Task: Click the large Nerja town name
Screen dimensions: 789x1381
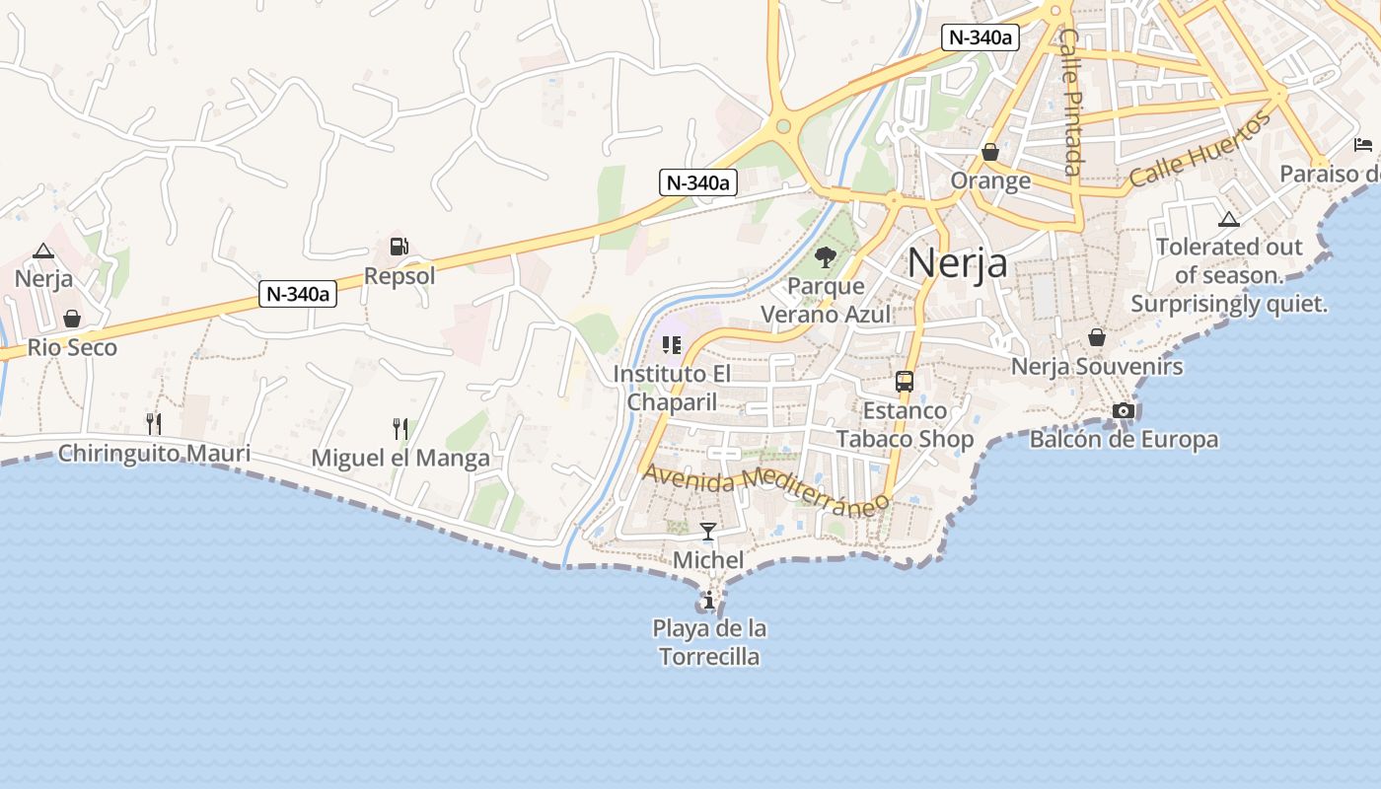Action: pos(957,263)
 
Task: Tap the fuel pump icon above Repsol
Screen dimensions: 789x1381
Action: pos(399,247)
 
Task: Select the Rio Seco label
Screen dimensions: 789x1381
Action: pos(72,347)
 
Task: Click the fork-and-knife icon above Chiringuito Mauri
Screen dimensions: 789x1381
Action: pos(153,424)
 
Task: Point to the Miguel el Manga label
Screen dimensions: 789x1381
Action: pos(400,458)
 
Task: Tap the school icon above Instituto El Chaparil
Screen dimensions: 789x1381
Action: pos(672,345)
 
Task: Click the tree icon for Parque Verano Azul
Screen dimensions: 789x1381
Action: pos(826,257)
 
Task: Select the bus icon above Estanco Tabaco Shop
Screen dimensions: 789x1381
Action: pos(904,382)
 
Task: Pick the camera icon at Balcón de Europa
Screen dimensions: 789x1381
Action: pos(1123,410)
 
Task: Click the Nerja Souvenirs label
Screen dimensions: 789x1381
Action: pos(1097,367)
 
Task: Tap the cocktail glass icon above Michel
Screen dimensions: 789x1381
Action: pos(707,533)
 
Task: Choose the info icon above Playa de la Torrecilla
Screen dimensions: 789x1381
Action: pos(708,600)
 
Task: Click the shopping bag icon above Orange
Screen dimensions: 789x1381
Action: pos(990,152)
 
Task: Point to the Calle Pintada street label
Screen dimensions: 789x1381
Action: pos(1071,101)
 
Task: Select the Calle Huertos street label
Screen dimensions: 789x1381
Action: pos(1199,150)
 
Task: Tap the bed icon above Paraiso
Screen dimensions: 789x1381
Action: pos(1363,145)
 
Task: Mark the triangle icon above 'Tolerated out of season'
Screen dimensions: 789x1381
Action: pos(1228,219)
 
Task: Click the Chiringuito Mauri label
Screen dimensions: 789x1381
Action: pos(154,454)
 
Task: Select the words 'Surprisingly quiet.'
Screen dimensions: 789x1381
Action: pos(1229,304)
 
